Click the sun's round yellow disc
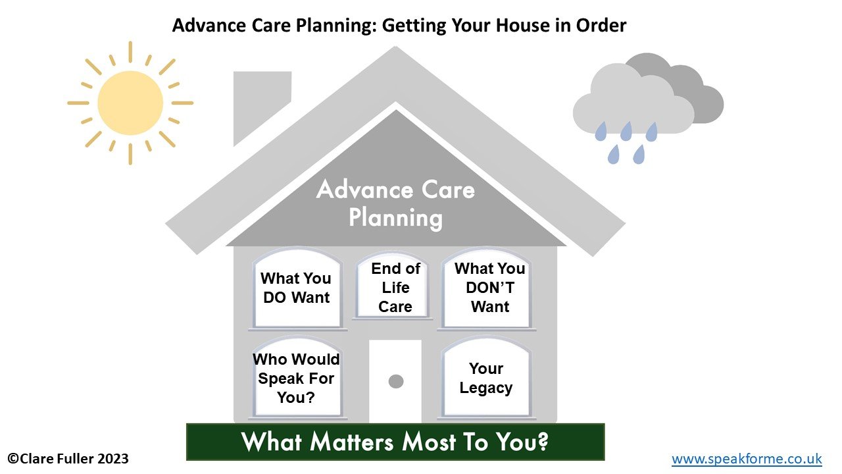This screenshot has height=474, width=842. pyautogui.click(x=130, y=103)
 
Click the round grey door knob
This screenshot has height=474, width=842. pyautogui.click(x=396, y=381)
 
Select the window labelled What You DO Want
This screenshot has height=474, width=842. pyautogui.click(x=297, y=288)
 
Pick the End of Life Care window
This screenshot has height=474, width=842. pyautogui.click(x=393, y=286)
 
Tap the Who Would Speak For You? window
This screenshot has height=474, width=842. pyautogui.click(x=297, y=377)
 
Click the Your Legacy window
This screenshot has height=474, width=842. pyautogui.click(x=486, y=377)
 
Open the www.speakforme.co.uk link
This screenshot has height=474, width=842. pyautogui.click(x=747, y=459)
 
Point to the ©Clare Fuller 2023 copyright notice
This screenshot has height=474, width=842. pyautogui.click(x=68, y=459)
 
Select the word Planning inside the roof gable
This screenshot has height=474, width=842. pyautogui.click(x=395, y=218)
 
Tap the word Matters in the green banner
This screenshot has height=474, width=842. pyautogui.click(x=352, y=442)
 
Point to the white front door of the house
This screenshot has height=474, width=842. pyautogui.click(x=395, y=381)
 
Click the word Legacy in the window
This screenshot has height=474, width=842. pyautogui.click(x=486, y=388)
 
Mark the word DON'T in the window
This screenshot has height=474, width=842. pyautogui.click(x=490, y=288)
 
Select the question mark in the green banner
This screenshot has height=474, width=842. pyautogui.click(x=541, y=441)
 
